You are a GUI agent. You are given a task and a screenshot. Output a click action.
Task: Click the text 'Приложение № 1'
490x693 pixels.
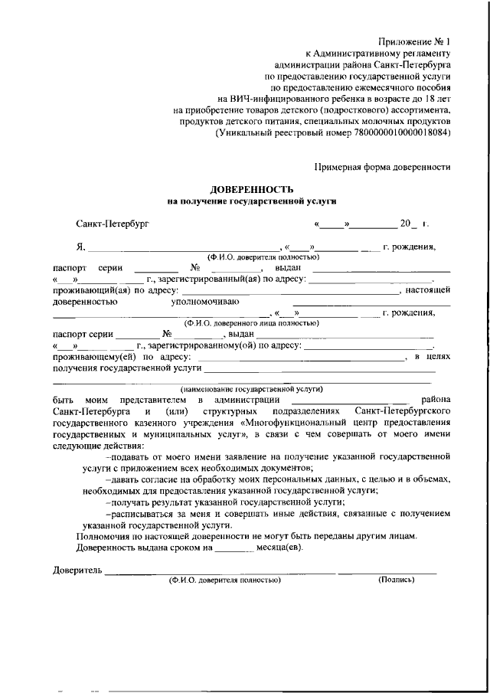415,41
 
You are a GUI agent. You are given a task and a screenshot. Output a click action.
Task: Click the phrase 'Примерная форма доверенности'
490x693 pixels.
383,166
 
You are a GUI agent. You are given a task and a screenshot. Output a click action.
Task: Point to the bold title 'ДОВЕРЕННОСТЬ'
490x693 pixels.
252,188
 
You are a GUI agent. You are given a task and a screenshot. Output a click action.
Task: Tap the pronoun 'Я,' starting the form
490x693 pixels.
80,247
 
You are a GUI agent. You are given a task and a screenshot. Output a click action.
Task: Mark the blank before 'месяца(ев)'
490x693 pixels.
234,548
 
